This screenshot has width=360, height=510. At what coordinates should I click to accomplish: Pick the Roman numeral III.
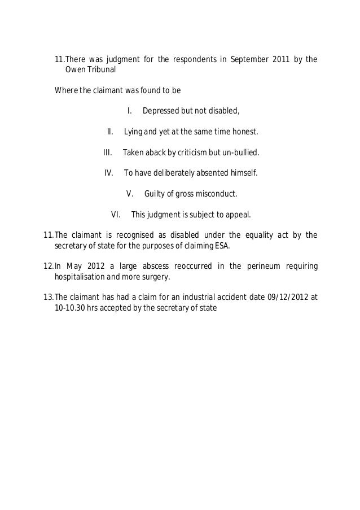pyautogui.click(x=108, y=152)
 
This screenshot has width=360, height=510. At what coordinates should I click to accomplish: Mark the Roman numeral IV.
pyautogui.click(x=109, y=173)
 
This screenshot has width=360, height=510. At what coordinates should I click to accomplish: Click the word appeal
pyautogui.click(x=236, y=215)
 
